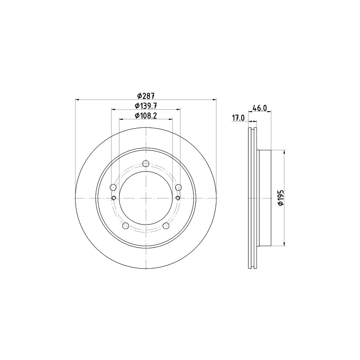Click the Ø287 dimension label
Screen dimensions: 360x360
(x=146, y=95)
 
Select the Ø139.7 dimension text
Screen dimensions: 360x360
(x=146, y=106)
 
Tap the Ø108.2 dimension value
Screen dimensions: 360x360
(x=146, y=116)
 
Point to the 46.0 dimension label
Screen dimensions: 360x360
(x=260, y=108)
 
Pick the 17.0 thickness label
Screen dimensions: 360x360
(x=238, y=118)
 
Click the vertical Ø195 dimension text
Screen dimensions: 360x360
(x=281, y=198)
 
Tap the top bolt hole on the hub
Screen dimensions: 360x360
(x=146, y=163)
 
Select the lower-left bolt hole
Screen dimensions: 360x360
(x=126, y=226)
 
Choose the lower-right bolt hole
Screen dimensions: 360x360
(x=166, y=226)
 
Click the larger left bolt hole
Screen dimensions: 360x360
(x=113, y=187)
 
